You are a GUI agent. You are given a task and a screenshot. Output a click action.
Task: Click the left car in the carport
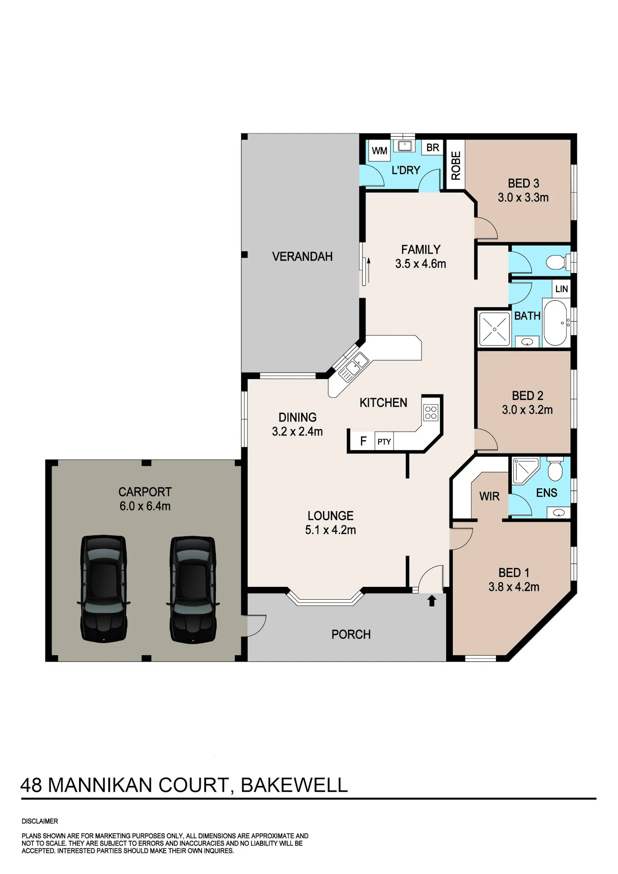103,589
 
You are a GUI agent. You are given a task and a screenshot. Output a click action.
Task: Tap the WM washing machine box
379,151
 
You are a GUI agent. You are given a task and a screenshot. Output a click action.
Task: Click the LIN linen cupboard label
562,289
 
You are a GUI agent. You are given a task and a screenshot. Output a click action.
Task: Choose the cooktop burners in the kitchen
431,413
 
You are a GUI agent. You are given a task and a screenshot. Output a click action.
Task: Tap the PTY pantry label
384,442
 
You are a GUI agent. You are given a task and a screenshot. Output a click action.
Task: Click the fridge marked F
363,442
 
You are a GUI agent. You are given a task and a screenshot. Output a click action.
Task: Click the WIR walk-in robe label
489,496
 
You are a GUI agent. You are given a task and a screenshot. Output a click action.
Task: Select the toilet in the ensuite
555,468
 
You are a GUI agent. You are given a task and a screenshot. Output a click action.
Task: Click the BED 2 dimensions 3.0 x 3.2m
527,410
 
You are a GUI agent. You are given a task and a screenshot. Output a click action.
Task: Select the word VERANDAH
302,257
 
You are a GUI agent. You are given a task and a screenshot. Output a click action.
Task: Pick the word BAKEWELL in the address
294,785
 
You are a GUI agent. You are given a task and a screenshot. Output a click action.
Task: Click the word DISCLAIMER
40,821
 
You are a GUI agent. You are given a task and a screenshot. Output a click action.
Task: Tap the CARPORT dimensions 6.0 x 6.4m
145,506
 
